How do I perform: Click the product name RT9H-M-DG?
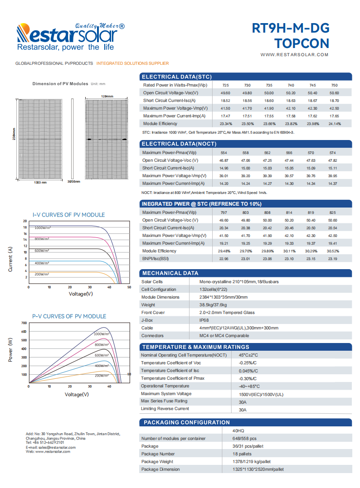click(x=290, y=29)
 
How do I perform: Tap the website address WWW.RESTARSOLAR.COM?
click(x=294, y=55)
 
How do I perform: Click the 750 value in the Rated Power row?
click(x=334, y=85)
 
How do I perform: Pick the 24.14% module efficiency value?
click(x=334, y=124)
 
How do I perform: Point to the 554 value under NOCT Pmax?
click(x=224, y=153)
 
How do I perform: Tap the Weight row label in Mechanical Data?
click(x=148, y=305)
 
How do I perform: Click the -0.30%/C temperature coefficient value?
click(x=248, y=378)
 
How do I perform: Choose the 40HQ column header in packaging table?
click(x=238, y=430)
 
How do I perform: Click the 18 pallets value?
click(x=242, y=454)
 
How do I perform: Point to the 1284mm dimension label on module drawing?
click(x=107, y=97)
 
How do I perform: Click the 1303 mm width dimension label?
click(x=41, y=182)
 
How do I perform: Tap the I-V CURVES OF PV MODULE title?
click(x=68, y=215)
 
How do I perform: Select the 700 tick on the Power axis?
click(x=24, y=323)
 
